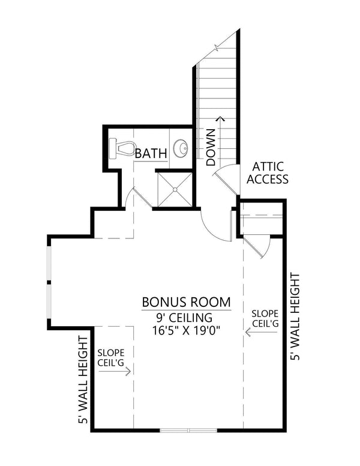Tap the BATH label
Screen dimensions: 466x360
(151, 154)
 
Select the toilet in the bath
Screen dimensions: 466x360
(122, 148)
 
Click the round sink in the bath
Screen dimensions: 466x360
(181, 148)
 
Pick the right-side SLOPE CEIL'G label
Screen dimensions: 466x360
(265, 318)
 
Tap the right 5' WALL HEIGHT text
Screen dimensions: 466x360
(295, 316)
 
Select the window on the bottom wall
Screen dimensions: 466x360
(189, 430)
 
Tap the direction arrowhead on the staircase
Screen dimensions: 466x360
(223, 120)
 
